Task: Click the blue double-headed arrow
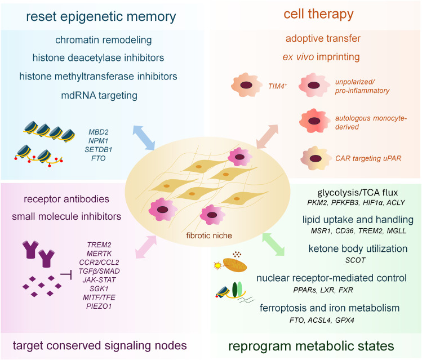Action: pos(144,137)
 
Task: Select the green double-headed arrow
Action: pos(273,245)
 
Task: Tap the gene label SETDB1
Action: pos(98,150)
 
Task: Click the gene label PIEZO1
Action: pos(99,306)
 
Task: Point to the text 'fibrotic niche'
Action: pos(209,235)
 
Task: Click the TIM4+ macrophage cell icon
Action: pos(246,85)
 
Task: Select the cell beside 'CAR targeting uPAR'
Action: pos(316,158)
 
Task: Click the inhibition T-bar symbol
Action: pos(66,275)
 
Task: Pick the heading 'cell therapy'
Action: pos(318,14)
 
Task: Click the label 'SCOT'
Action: pos(356,260)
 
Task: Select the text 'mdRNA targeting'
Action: pos(99,96)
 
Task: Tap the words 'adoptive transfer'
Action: pos(323,38)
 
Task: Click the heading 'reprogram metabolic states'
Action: pos(311,346)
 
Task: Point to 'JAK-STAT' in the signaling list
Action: pos(99,280)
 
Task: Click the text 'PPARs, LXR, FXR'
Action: pos(323,290)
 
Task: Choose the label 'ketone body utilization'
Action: pos(358,248)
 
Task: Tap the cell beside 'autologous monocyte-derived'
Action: pos(314,121)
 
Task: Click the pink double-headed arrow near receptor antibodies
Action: pos(146,247)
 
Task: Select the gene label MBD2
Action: pos(99,132)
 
